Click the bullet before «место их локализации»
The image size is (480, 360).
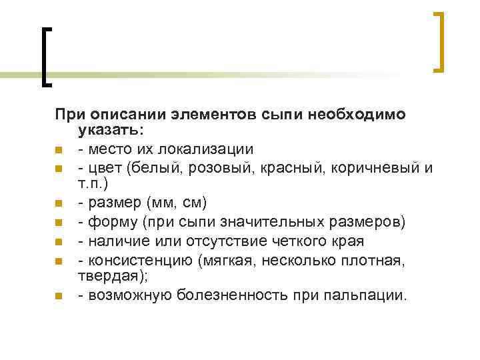(59, 149)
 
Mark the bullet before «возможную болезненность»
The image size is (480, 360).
(59, 295)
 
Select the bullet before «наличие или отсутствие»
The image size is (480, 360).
(59, 240)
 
